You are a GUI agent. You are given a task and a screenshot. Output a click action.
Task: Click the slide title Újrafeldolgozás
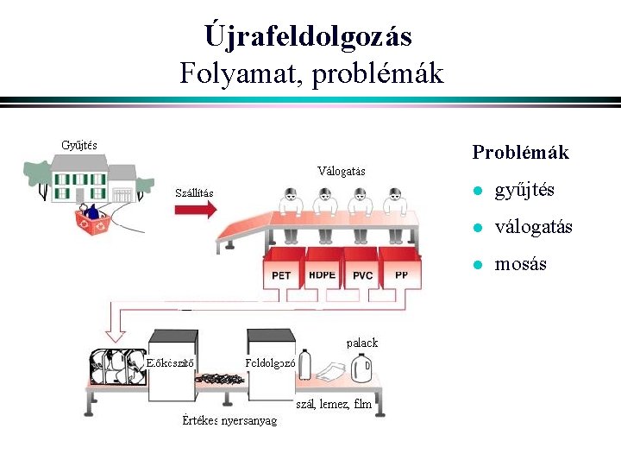[309, 36]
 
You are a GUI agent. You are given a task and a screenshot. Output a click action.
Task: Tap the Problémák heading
[520, 153]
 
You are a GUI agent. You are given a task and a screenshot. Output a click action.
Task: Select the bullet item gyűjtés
[524, 190]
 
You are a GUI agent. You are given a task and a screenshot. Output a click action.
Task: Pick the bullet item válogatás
[533, 227]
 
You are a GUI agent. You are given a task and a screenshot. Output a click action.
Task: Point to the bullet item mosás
[520, 264]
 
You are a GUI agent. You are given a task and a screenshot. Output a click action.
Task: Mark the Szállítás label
[194, 192]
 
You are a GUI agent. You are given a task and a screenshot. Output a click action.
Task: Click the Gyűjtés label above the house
[79, 143]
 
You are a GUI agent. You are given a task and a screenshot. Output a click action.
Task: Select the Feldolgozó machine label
[270, 362]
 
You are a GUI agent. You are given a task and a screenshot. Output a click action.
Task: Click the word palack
[362, 343]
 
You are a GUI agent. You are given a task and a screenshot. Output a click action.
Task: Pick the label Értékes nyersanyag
[230, 420]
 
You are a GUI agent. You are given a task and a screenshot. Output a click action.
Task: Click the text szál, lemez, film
[334, 403]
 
